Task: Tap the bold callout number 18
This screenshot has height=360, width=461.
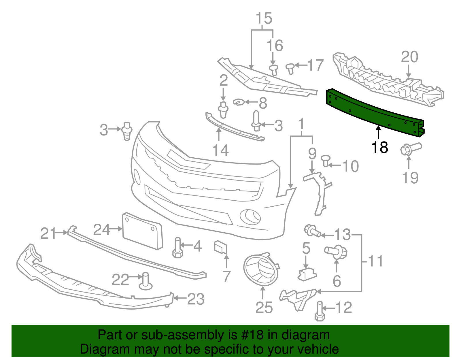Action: click(x=380, y=148)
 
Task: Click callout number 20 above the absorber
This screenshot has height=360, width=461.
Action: click(x=409, y=57)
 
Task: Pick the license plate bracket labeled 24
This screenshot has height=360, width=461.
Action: click(x=142, y=231)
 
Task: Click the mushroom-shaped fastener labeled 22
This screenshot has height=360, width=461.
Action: click(x=146, y=281)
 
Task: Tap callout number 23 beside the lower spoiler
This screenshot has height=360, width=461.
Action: click(x=196, y=299)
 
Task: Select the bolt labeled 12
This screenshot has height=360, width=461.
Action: click(x=320, y=312)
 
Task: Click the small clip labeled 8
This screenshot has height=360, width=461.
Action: click(x=239, y=102)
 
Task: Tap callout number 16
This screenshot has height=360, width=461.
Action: click(x=275, y=46)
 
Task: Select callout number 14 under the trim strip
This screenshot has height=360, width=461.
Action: click(x=220, y=150)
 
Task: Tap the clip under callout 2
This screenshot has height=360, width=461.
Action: click(x=223, y=110)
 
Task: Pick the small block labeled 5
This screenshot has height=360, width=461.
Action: click(x=307, y=274)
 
